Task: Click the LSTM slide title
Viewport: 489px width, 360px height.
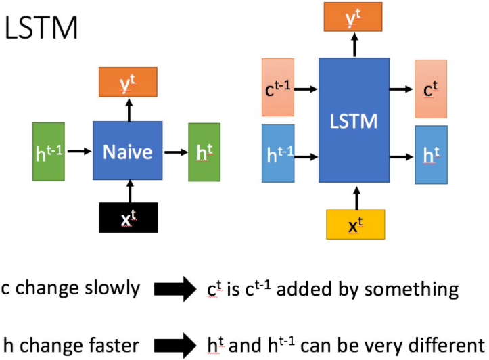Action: pyautogui.click(x=41, y=28)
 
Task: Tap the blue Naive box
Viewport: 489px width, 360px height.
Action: pyautogui.click(x=127, y=151)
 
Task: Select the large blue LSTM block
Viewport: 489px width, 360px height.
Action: pyautogui.click(x=354, y=122)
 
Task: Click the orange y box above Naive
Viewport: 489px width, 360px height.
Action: pyautogui.click(x=128, y=83)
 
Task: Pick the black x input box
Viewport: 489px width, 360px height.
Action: pyautogui.click(x=128, y=217)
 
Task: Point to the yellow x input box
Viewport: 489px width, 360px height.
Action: pyautogui.click(x=355, y=225)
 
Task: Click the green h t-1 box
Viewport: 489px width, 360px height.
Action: pyautogui.click(x=48, y=152)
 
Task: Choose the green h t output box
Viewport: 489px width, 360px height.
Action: pyautogui.click(x=204, y=152)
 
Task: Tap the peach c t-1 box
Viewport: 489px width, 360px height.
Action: pyautogui.click(x=278, y=88)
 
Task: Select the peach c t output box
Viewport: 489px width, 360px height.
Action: pyautogui.click(x=431, y=88)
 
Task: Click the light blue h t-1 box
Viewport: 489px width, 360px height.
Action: pyautogui.click(x=278, y=153)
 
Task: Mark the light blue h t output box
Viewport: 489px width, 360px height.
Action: pyautogui.click(x=431, y=155)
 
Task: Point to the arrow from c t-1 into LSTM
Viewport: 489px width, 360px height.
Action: pyautogui.click(x=306, y=89)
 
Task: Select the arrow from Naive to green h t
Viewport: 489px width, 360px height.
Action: pyautogui.click(x=174, y=152)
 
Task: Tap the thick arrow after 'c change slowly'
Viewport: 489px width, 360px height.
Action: pyautogui.click(x=174, y=290)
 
